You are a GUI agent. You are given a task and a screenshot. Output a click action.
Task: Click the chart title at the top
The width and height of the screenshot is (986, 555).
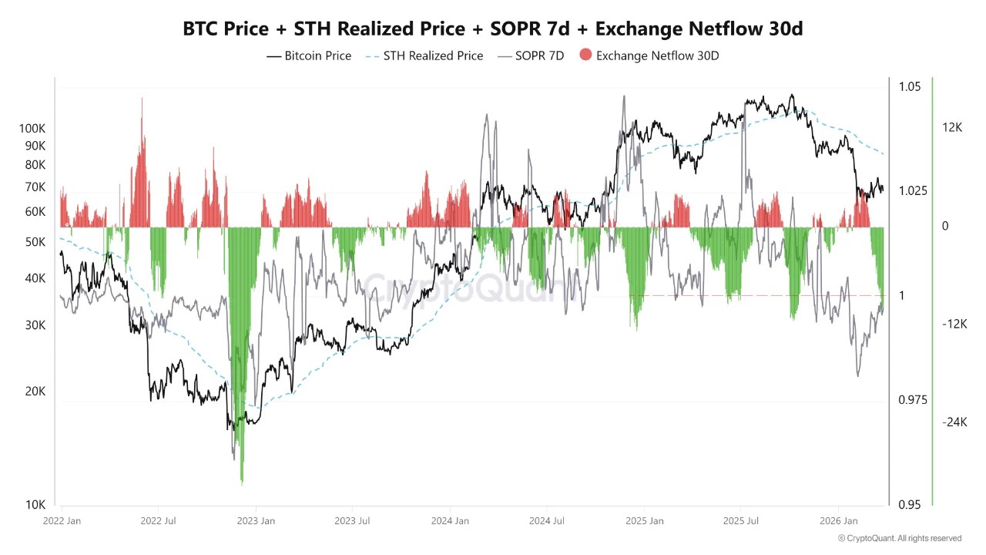[x=492, y=29]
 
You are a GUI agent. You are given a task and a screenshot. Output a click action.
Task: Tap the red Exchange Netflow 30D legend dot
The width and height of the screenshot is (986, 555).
[x=585, y=55]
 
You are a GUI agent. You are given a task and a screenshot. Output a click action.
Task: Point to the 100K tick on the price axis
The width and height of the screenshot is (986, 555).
[x=32, y=128]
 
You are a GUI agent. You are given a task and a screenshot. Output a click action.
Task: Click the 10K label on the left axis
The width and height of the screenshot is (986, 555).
[x=35, y=505]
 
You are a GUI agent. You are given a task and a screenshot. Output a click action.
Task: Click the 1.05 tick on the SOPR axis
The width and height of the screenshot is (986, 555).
[x=910, y=86]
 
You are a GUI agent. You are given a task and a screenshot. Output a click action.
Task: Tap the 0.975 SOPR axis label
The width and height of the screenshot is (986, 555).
[x=913, y=400]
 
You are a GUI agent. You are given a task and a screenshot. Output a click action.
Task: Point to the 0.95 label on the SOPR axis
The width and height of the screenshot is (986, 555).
[x=910, y=505]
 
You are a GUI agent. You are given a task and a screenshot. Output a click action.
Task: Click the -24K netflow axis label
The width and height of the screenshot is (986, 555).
[x=954, y=422]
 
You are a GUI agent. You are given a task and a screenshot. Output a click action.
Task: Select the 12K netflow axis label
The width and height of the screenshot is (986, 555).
[x=952, y=128]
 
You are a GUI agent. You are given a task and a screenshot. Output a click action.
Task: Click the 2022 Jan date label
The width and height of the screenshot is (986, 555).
[x=62, y=521]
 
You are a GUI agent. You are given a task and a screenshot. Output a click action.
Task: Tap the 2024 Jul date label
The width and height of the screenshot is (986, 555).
[x=548, y=521]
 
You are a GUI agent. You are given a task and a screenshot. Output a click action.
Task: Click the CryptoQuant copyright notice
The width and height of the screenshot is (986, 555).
[x=899, y=538]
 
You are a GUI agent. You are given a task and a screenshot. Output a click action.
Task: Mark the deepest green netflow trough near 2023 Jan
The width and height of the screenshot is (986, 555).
[x=242, y=483]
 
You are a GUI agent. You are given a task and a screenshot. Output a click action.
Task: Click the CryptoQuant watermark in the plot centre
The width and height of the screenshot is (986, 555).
[x=470, y=289]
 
